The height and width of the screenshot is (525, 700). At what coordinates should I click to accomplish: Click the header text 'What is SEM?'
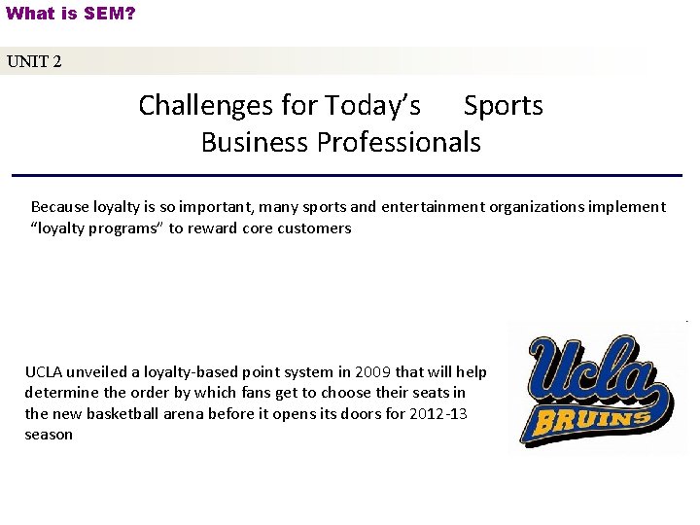click(x=70, y=14)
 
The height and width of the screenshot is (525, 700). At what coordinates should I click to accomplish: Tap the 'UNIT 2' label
click(x=34, y=61)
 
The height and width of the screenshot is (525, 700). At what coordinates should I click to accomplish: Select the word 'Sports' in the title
click(x=503, y=105)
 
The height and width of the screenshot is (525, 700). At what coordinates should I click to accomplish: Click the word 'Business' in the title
click(x=252, y=142)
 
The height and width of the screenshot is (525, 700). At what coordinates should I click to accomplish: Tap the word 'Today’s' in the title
click(x=372, y=105)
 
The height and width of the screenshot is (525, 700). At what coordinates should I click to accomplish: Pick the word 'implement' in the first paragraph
click(x=630, y=206)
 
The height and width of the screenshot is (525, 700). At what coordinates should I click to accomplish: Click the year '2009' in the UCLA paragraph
click(x=374, y=371)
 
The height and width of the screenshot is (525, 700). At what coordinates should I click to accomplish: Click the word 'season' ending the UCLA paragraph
click(x=49, y=434)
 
